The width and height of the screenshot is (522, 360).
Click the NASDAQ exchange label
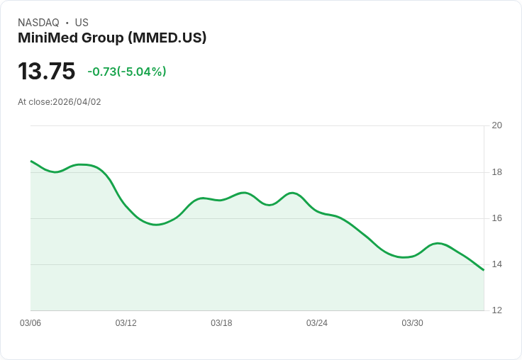click(38, 23)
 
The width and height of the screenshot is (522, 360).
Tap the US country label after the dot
click(82, 23)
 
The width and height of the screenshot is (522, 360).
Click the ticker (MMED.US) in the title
click(167, 38)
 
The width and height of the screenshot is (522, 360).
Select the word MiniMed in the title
click(47, 38)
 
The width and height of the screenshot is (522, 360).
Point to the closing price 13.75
click(46, 72)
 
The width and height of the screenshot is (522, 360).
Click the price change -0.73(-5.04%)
click(127, 72)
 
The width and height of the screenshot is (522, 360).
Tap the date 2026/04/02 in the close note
click(77, 102)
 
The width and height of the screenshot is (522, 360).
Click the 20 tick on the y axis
click(496, 125)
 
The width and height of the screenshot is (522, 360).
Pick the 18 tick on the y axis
click(496, 172)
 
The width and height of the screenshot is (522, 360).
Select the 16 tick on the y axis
click(496, 218)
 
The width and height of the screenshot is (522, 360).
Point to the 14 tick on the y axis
click(496, 264)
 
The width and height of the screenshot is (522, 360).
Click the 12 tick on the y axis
click(496, 310)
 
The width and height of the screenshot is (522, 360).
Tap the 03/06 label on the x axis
click(30, 323)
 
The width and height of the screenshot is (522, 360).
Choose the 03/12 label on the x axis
click(126, 323)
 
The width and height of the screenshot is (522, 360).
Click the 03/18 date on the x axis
click(221, 323)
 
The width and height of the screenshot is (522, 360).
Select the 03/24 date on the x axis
click(317, 323)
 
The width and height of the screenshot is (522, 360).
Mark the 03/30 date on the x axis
click(412, 323)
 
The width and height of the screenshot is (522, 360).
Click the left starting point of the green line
click(31, 162)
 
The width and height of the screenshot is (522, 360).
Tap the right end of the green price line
click(484, 270)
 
